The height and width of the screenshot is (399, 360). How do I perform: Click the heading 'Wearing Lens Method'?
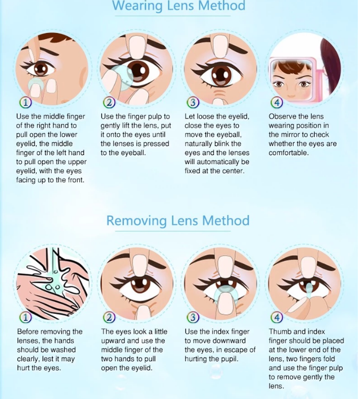[179, 6]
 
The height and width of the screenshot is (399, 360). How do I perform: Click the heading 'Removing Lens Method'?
[178, 220]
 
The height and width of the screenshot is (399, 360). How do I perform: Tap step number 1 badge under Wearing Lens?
[25, 103]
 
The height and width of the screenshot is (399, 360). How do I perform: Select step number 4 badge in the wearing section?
[277, 103]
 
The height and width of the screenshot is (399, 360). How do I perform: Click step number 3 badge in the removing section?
[193, 317]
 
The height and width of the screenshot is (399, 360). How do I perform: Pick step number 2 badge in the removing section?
[110, 317]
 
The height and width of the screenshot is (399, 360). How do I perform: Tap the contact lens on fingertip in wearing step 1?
[36, 83]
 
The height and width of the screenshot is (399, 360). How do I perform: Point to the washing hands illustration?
[52, 283]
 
